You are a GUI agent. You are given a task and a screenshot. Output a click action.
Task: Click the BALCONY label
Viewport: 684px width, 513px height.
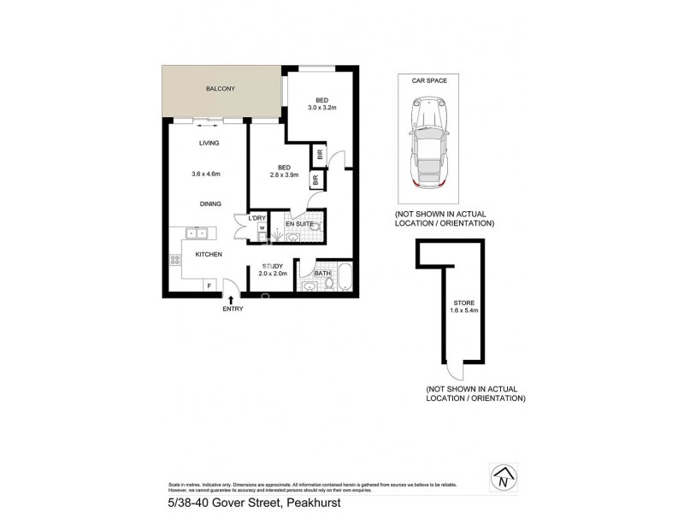[x=220, y=89]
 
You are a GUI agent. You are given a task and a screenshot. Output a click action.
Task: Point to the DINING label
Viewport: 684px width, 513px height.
[x=209, y=203]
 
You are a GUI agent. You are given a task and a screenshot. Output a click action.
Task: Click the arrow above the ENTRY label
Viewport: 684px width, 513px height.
[x=230, y=298]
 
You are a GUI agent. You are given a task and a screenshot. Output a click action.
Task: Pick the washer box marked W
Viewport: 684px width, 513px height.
[x=262, y=229]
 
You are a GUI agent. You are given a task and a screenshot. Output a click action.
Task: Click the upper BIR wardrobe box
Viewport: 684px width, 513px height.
[x=320, y=155]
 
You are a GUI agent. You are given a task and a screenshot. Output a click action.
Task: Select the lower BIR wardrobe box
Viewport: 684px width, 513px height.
[x=315, y=180]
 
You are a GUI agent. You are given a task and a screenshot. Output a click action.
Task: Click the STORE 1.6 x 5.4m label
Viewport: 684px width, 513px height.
[x=463, y=307]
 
